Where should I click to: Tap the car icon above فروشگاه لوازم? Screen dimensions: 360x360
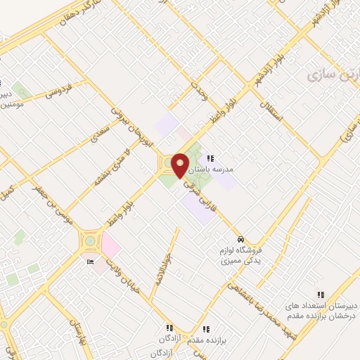tap(240, 240)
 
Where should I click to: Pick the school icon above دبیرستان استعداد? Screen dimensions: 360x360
tap(321, 295)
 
